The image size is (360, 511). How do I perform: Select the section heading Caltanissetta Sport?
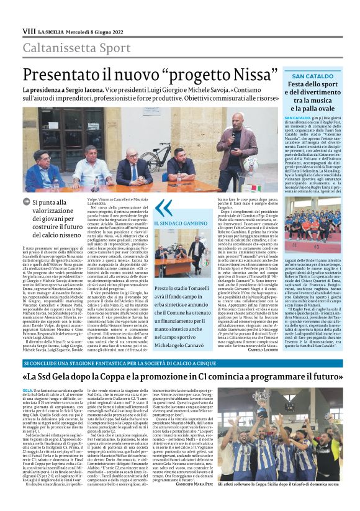[69, 48]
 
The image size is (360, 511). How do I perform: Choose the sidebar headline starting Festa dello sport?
[310, 96]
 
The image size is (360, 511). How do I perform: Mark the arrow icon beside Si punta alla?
[26, 201]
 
